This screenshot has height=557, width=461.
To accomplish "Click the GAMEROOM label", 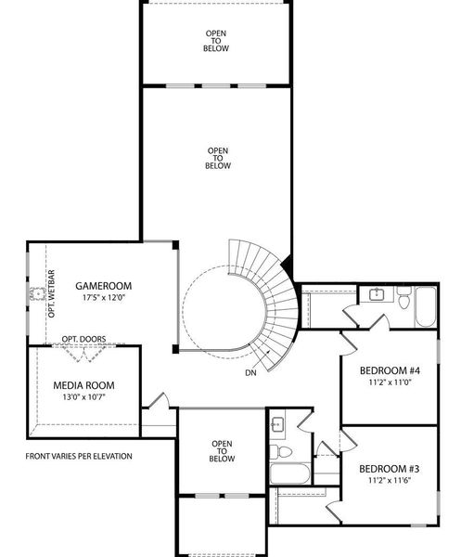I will click(x=103, y=285).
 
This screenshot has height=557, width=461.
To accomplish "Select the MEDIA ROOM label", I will click(x=83, y=385).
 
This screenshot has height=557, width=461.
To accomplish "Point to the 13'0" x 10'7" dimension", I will click(x=83, y=397).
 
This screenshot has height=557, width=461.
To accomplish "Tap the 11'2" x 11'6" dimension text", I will click(x=390, y=481).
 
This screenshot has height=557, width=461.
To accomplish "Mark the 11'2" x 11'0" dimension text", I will click(x=390, y=381).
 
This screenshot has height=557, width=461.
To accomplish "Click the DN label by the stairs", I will click(x=250, y=372).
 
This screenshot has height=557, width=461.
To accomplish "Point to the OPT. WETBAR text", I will click(x=52, y=293).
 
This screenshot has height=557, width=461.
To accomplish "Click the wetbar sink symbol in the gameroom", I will click(x=37, y=294).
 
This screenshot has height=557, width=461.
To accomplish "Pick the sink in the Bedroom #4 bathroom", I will click(x=378, y=295).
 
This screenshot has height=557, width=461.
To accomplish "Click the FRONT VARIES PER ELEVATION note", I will click(x=79, y=456).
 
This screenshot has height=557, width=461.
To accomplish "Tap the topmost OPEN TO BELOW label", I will click(x=215, y=41).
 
